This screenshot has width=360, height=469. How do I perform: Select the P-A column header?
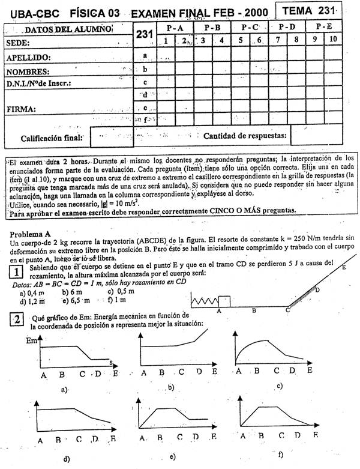(x=175, y=28)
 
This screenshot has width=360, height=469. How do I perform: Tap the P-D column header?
(x=286, y=28)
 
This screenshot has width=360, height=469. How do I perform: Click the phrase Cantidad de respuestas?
(x=245, y=136)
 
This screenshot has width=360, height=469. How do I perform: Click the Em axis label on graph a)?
(x=31, y=340)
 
